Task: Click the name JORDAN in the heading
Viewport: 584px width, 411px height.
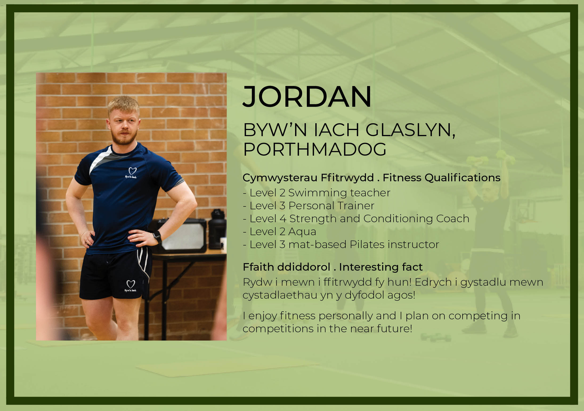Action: pos(307,97)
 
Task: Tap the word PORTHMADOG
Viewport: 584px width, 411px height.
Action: pos(315,149)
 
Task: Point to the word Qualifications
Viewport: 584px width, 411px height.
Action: pos(462,178)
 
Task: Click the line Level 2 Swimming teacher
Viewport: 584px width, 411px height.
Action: pos(316,193)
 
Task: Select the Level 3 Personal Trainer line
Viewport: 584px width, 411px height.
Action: pos(308,206)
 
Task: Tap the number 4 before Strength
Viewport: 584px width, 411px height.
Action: pos(283,219)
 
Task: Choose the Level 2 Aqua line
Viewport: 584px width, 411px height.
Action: pos(279,232)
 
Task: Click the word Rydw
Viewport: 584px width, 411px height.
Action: pos(257,282)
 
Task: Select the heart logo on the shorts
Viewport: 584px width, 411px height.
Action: pos(131,284)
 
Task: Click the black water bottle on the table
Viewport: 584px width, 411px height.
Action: pos(217,229)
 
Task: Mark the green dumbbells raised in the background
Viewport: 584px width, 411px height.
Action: pos(491,158)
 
